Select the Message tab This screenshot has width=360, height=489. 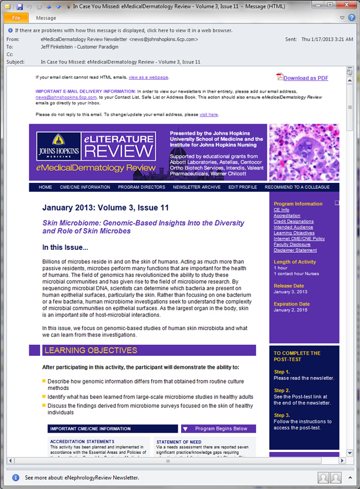click(x=46, y=18)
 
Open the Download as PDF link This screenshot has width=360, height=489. click(x=305, y=78)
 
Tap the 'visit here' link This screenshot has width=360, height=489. click(x=209, y=114)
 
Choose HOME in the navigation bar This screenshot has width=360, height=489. click(x=45, y=187)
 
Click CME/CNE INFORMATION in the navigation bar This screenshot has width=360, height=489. click(x=85, y=187)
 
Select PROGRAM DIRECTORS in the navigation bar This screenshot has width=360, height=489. click(x=141, y=187)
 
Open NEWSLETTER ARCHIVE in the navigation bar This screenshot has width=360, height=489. click(x=196, y=187)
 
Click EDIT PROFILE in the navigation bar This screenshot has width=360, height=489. click(x=243, y=187)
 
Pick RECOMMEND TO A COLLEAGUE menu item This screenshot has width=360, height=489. click(x=297, y=187)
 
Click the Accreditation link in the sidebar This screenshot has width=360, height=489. click(x=287, y=216)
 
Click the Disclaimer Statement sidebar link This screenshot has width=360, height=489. click(x=296, y=250)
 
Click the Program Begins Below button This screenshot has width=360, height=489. click(x=218, y=429)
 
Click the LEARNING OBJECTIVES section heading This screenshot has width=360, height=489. click(x=90, y=351)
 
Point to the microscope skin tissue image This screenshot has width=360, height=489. click(x=304, y=152)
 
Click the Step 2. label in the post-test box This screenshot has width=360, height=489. click(x=282, y=390)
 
